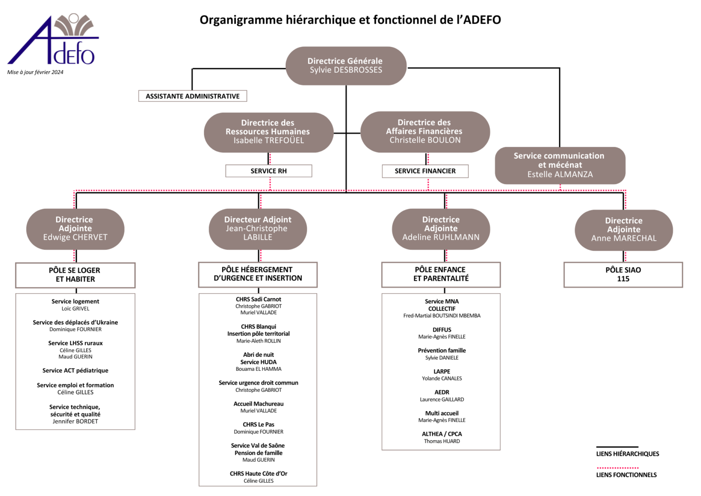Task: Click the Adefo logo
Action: point(52,40)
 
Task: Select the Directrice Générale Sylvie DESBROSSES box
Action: point(345,66)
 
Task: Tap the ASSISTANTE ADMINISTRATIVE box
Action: point(193,96)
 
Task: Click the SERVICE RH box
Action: point(269,171)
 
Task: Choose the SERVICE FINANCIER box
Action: point(425,171)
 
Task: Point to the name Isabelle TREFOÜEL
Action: point(269,141)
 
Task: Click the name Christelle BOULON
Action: point(425,140)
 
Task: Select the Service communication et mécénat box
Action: point(560,165)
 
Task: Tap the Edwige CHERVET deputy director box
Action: point(75,229)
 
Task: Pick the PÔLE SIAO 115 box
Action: point(623,274)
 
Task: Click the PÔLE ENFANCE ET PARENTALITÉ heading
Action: point(441,274)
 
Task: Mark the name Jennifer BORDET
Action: point(75,422)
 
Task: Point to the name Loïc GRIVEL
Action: point(75,309)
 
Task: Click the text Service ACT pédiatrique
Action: point(75,370)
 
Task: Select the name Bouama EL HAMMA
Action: point(258,369)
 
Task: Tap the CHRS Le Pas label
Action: point(258,425)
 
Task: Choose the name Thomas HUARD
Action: point(442,441)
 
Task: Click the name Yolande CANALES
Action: point(442,379)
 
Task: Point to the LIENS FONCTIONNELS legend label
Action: point(626,475)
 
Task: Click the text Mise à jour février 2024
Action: point(35,72)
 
